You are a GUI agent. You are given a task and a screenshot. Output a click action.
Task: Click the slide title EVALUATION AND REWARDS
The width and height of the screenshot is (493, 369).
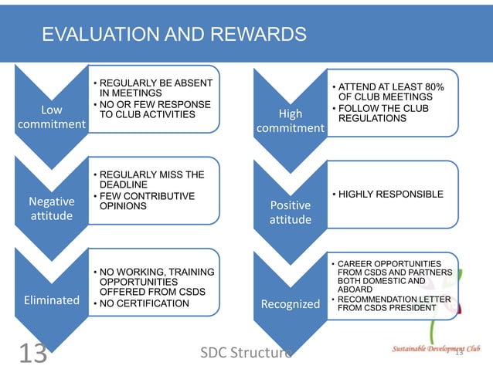[x=174, y=35]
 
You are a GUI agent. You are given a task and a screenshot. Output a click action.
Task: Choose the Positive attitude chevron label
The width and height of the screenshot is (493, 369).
[x=290, y=213]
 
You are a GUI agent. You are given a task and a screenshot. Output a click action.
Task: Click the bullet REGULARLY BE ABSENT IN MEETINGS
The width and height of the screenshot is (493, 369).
[x=151, y=87]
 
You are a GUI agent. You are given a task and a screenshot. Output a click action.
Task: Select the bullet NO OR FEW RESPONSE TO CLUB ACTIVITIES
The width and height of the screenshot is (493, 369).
[x=151, y=110]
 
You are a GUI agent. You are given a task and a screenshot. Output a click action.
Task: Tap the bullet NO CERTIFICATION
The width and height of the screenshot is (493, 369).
[x=144, y=303]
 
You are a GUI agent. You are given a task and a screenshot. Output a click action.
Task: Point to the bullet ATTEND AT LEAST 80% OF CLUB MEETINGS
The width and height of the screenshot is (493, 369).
[x=389, y=92]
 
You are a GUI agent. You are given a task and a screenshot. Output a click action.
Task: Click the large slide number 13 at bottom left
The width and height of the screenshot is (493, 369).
[x=32, y=352]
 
